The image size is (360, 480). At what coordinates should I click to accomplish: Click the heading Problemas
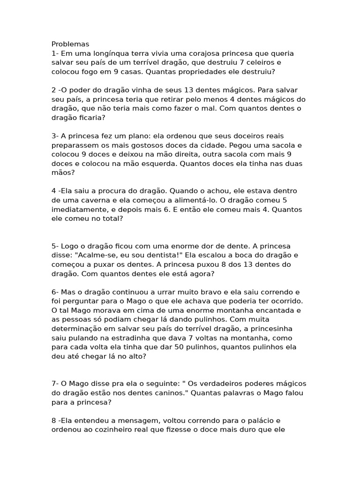pos(70,44)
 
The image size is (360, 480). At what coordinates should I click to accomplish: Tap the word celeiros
pos(264,62)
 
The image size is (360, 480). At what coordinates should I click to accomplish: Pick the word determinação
pos(84,329)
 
